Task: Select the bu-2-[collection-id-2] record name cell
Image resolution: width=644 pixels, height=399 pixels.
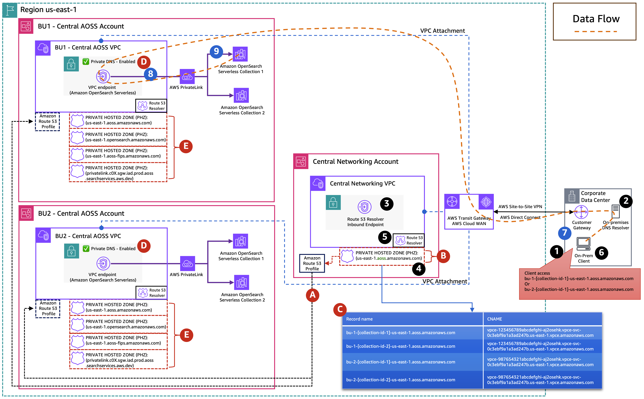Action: click(x=400, y=380)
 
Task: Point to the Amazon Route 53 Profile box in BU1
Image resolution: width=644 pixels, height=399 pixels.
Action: click(x=48, y=121)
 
